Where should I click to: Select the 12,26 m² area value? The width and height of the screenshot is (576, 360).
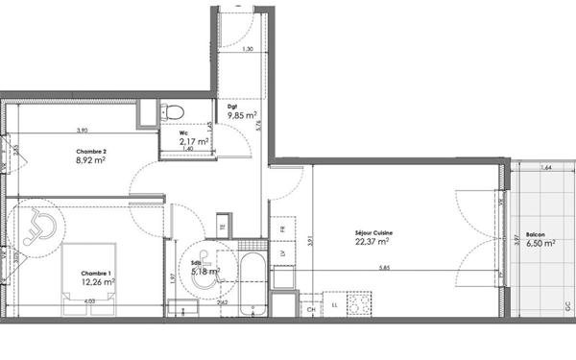97,282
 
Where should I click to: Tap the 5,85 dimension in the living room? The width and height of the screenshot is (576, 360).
384,268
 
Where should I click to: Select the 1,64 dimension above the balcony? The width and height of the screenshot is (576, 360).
546,168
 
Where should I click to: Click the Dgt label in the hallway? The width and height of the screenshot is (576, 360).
231,108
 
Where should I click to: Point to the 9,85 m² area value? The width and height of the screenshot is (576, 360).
241,116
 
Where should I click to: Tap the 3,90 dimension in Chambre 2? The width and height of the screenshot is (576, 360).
84,131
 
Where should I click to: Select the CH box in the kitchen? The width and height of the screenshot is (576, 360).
310,309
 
